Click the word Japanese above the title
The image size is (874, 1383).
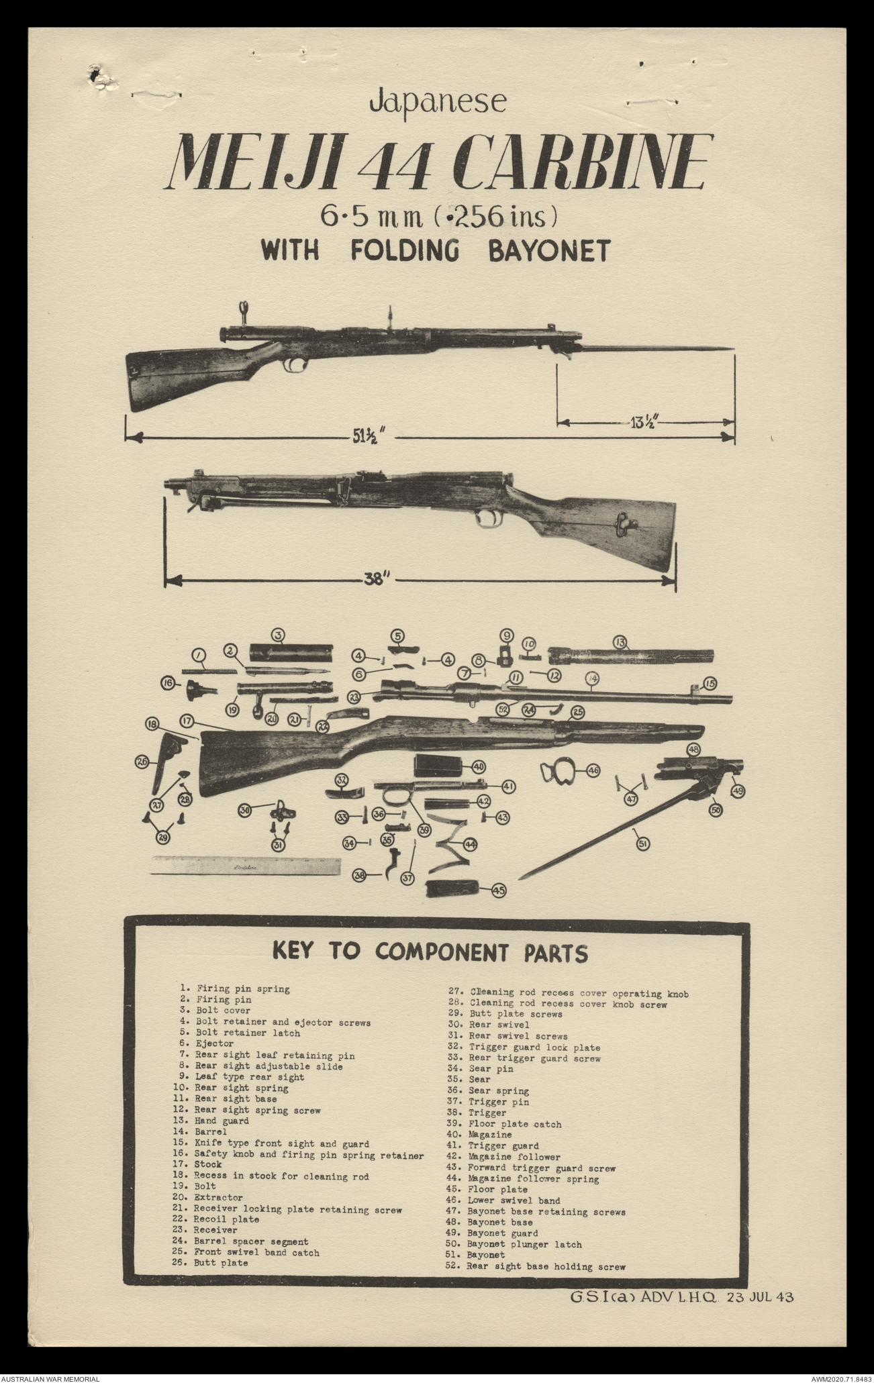[x=438, y=101]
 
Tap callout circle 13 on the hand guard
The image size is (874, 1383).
[x=620, y=644]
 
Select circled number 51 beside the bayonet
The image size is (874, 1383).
[x=642, y=844]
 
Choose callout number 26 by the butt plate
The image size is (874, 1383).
[x=142, y=762]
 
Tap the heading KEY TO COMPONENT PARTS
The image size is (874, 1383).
[x=430, y=952]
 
